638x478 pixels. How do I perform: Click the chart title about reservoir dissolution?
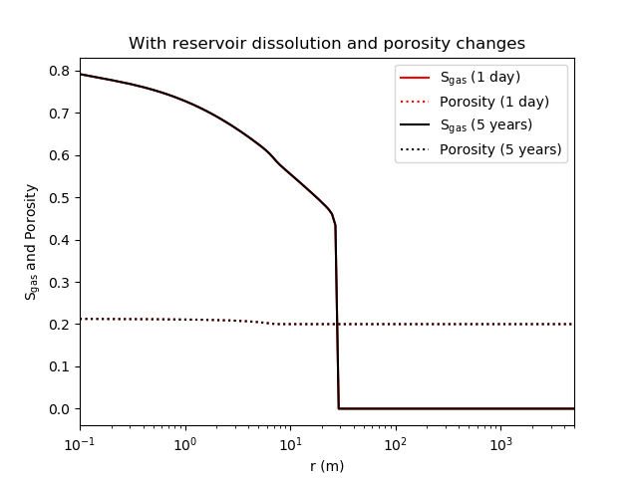pyautogui.click(x=326, y=44)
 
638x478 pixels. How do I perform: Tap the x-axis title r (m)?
pyautogui.click(x=326, y=464)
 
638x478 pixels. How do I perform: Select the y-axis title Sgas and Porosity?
pyautogui.click(x=31, y=241)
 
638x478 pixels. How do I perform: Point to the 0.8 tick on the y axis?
pyautogui.click(x=59, y=71)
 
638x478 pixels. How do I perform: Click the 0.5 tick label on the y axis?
pyautogui.click(x=59, y=197)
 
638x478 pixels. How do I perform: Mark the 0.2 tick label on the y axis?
pyautogui.click(x=59, y=325)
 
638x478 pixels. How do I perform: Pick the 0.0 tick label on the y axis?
pyautogui.click(x=59, y=409)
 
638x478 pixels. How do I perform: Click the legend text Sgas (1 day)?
pyautogui.click(x=479, y=77)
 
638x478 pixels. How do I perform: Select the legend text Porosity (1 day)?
pyautogui.click(x=493, y=101)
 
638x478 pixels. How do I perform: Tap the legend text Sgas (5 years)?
pyautogui.click(x=486, y=125)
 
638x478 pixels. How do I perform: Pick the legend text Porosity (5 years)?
pyautogui.click(x=500, y=149)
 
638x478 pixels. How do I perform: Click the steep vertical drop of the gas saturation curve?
pyautogui.click(x=337, y=319)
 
